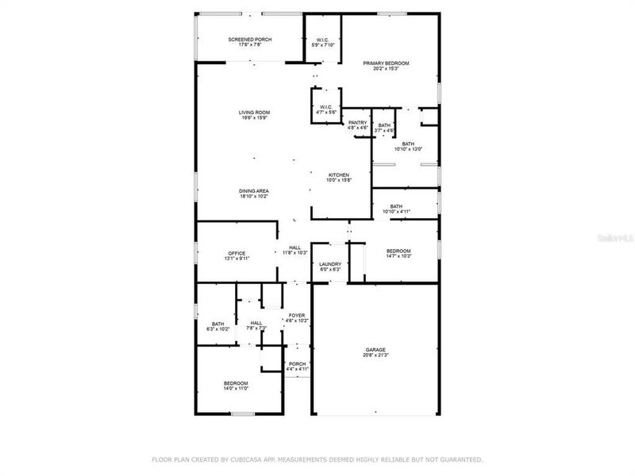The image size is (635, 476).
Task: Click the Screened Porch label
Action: [x=250, y=40]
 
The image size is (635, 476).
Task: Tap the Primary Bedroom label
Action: [x=386, y=63]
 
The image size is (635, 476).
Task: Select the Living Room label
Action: [x=254, y=113]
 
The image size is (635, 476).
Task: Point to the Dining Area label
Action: [x=254, y=190]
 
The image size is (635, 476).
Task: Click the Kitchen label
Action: [x=340, y=175]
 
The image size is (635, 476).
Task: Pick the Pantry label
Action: [x=357, y=122]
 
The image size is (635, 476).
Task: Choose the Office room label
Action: [x=237, y=253]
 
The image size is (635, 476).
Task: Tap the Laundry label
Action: [x=330, y=264]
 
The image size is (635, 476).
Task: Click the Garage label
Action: [x=375, y=350]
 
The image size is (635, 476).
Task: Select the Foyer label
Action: [x=297, y=315]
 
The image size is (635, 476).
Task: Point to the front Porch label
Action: [x=298, y=364]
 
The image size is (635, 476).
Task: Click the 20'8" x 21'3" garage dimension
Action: [x=375, y=355]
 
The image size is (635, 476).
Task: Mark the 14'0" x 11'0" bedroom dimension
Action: [x=237, y=389]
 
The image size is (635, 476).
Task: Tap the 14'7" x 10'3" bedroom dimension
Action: [x=398, y=255]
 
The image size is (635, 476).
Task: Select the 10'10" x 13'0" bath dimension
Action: [x=408, y=149]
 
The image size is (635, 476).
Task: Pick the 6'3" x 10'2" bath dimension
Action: [x=217, y=328]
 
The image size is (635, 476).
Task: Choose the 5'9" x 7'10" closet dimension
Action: [x=323, y=44]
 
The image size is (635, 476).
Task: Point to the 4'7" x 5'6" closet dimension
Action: [x=326, y=113]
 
